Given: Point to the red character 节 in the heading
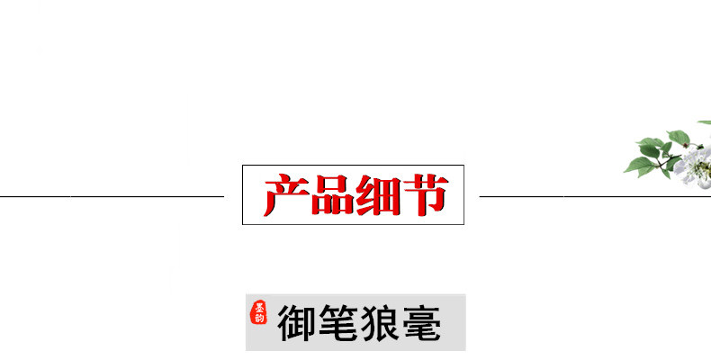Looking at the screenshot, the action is coord(423,195).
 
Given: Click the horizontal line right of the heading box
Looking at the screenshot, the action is coord(594,195).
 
